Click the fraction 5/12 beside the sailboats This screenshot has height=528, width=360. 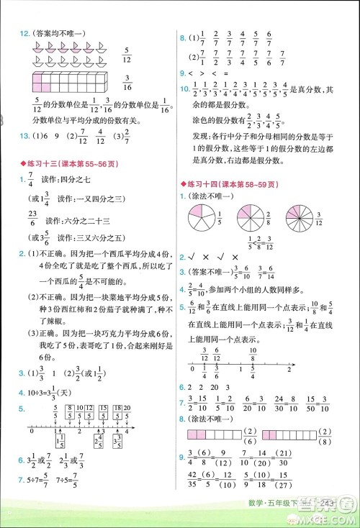127,54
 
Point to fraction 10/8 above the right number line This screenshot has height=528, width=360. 253,353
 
